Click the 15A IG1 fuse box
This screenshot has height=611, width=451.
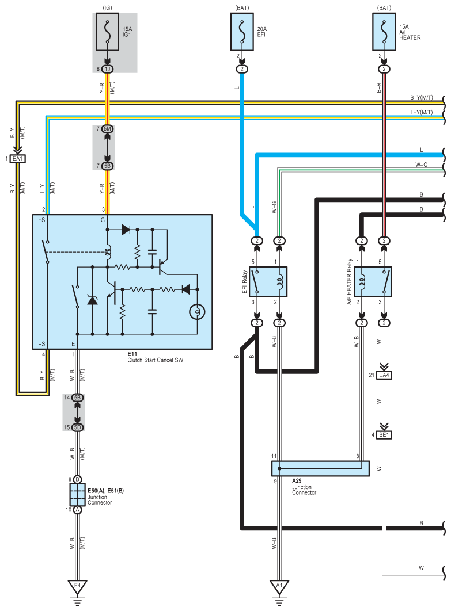pyautogui.click(x=107, y=32)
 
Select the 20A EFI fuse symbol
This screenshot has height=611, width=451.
pyautogui.click(x=242, y=32)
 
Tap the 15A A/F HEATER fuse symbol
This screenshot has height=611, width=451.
pyautogui.click(x=384, y=32)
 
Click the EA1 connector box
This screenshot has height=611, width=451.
pyautogui.click(x=17, y=159)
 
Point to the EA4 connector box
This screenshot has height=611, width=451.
pyautogui.click(x=384, y=375)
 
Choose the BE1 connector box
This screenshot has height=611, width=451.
pyautogui.click(x=384, y=435)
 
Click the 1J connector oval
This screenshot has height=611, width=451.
pyautogui.click(x=107, y=69)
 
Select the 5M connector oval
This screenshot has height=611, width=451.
pyautogui.click(x=107, y=129)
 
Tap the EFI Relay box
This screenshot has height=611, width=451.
pyautogui.click(x=268, y=282)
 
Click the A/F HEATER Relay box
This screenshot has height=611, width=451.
pyautogui.click(x=373, y=282)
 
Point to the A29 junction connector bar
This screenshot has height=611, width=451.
pyautogui.click(x=320, y=468)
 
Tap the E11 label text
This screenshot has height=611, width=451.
pyautogui.click(x=132, y=354)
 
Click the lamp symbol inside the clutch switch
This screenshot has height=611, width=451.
pyautogui.click(x=197, y=312)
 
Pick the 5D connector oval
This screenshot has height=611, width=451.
pyautogui.click(x=77, y=427)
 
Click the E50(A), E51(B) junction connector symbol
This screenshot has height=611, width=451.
pyautogui.click(x=77, y=494)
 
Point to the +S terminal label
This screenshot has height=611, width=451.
pyautogui.click(x=41, y=220)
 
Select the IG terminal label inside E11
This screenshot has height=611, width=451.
pyautogui.click(x=102, y=220)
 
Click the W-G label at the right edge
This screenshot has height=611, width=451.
pyautogui.click(x=422, y=165)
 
